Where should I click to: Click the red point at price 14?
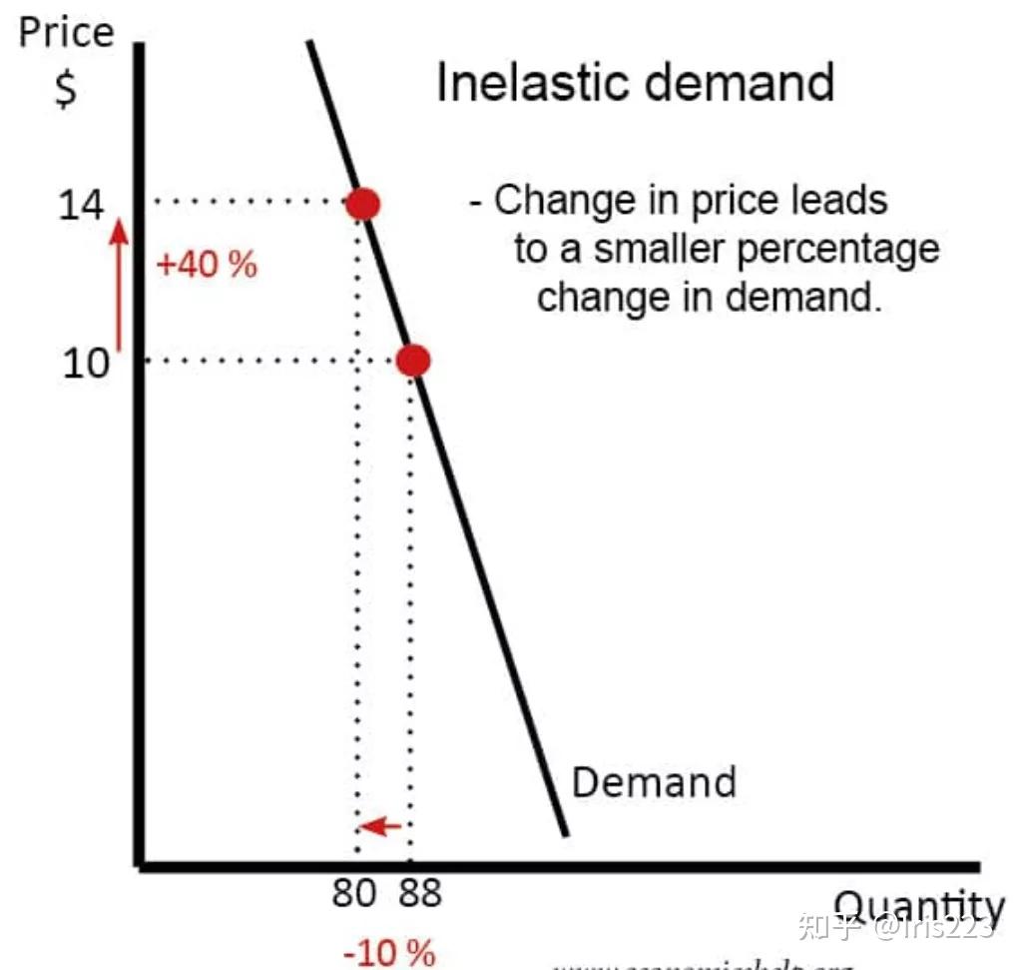362,204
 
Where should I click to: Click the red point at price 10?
413,361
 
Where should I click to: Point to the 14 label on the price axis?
81,206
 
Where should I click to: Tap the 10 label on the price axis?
85,363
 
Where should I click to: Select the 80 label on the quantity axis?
354,892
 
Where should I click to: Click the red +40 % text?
207,266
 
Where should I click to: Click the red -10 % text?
389,952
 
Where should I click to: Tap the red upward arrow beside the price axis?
120,285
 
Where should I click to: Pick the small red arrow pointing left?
380,826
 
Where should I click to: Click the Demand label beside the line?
654,781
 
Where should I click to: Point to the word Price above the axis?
67,33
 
